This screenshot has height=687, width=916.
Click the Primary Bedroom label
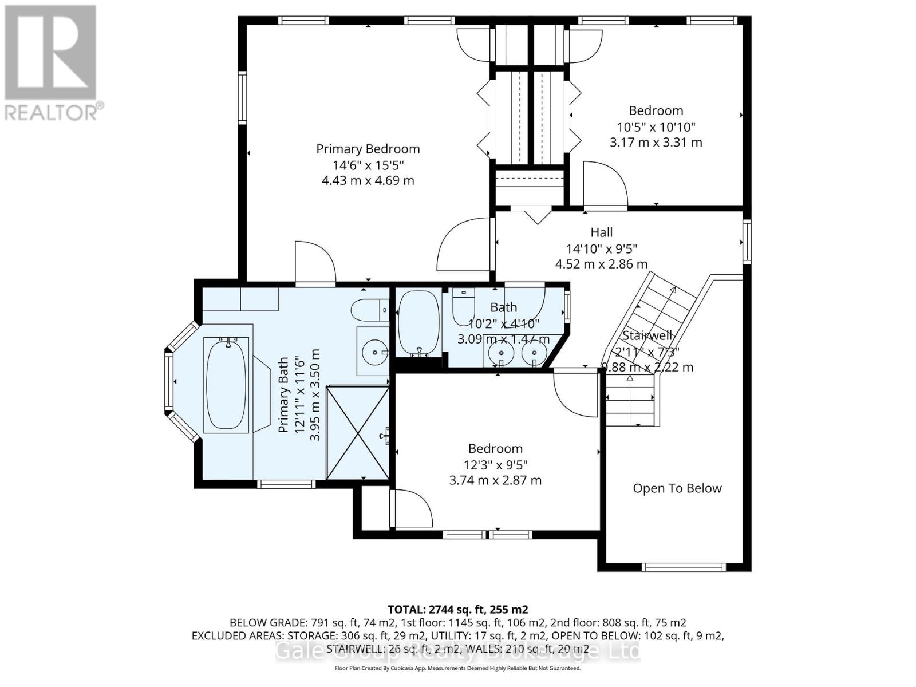pos(368,149)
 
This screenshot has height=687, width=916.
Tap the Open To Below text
pos(677,488)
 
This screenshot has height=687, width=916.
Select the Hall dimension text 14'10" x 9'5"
pos(602,248)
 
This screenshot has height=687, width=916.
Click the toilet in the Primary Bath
pos(368,310)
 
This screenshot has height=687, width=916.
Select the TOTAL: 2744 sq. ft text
pos(457,609)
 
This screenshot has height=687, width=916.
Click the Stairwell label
pos(647,335)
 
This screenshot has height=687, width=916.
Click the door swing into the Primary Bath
pos(315,264)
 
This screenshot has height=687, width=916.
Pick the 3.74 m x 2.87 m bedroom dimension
pos(495,480)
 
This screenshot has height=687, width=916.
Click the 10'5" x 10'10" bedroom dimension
pos(656,127)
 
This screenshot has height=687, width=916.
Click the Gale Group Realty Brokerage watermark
pos(457,651)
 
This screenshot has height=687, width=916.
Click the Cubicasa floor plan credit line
pos(457,668)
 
